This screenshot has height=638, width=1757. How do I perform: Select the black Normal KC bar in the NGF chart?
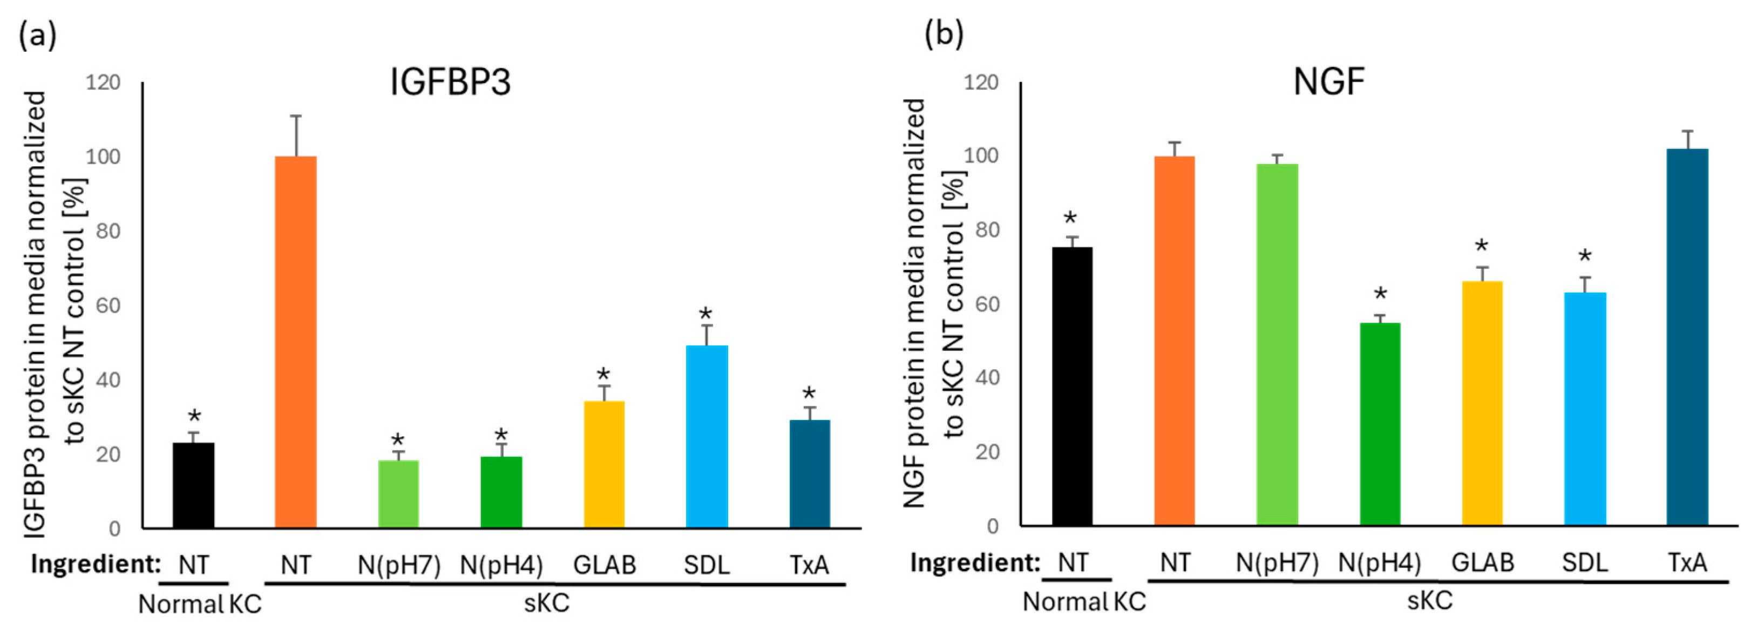(x=1072, y=386)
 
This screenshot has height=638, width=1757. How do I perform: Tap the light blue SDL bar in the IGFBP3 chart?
(x=707, y=437)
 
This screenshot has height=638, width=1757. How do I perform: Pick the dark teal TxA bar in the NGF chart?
(x=1687, y=337)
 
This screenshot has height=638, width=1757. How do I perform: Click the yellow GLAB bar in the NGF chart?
(x=1482, y=403)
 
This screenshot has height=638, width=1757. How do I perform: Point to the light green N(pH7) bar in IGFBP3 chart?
(x=398, y=494)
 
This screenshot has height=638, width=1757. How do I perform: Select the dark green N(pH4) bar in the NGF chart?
(x=1380, y=424)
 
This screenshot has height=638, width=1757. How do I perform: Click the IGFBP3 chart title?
(x=450, y=83)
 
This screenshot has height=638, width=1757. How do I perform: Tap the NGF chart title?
(x=1328, y=83)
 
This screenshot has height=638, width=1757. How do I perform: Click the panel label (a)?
(x=37, y=34)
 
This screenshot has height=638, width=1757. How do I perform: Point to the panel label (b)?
(x=944, y=34)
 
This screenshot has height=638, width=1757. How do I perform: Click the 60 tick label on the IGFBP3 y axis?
(x=107, y=305)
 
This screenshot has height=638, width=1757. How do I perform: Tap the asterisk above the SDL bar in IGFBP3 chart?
(x=705, y=315)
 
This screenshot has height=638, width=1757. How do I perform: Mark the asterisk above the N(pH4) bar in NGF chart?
(x=1380, y=295)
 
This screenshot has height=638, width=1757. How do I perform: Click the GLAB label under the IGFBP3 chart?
(x=605, y=565)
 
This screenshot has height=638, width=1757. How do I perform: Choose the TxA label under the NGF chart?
(x=1687, y=563)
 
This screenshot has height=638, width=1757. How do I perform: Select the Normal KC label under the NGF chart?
(x=1084, y=602)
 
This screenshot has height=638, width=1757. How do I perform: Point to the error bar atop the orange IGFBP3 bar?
(x=296, y=136)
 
